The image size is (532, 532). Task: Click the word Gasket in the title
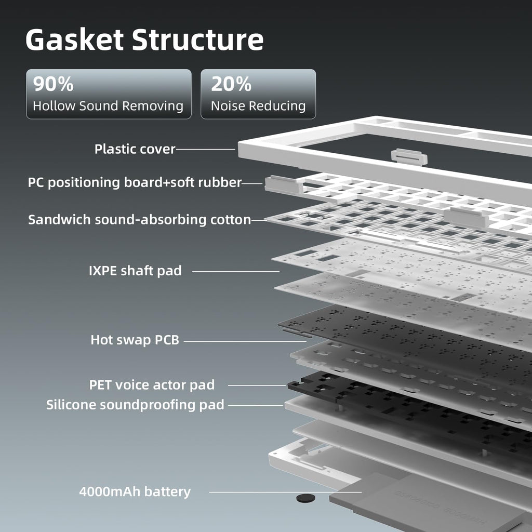pos(74,39)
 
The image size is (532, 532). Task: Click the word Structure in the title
pos(197,39)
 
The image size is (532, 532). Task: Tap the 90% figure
pos(54,84)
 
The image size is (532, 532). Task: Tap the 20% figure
pos(231,84)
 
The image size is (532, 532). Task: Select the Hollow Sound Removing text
pos(108,106)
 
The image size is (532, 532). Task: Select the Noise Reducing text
pos(258,106)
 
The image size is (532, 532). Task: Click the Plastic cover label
pos(135,149)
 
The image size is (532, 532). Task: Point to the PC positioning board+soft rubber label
pos(135,182)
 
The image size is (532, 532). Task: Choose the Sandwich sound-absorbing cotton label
pos(139,220)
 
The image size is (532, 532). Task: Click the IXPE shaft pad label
pos(135,271)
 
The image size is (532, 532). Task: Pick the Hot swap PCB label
pos(135,340)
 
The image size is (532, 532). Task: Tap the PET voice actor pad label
pos(152,385)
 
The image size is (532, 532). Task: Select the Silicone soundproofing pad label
pos(135,405)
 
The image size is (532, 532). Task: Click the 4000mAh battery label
pos(135,491)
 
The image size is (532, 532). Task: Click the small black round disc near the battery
pos(305,498)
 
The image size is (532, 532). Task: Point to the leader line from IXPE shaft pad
pos(236,271)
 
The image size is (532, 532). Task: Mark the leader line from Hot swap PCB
pos(245,341)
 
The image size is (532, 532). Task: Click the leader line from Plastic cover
pos(205,149)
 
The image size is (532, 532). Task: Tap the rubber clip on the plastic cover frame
pos(409,157)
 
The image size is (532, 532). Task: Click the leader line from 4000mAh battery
pos(285,492)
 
